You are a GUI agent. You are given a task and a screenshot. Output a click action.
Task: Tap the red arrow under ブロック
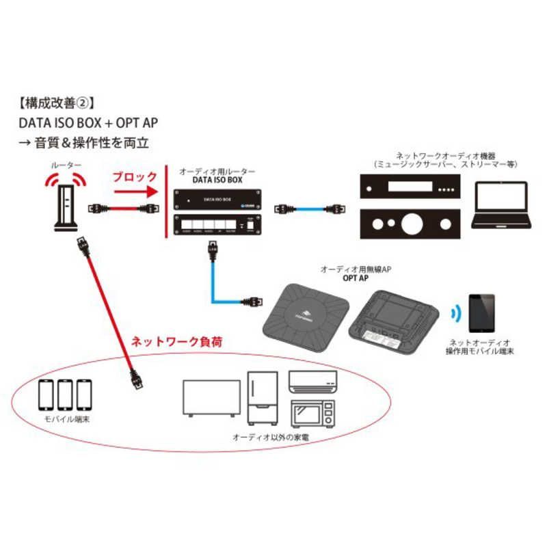pyautogui.click(x=133, y=192)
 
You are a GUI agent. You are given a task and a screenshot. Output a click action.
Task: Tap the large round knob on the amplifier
pyautogui.click(x=411, y=224)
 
